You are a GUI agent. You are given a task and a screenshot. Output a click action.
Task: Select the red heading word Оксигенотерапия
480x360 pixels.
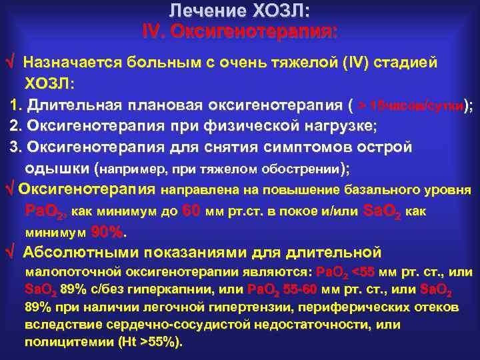tap(256, 31)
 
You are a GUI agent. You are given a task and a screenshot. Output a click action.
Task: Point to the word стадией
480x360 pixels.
tap(408, 63)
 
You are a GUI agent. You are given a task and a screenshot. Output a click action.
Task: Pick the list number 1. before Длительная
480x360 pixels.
tap(17, 105)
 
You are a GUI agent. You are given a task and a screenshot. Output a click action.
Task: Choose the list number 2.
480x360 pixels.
tap(17, 125)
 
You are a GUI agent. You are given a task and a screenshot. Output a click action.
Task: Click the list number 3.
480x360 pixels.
tap(17, 147)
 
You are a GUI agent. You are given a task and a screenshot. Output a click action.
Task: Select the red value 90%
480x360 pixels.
tap(107, 233)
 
